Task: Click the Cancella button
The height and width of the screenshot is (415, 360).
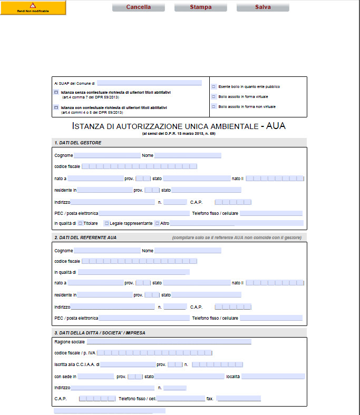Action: click(x=138, y=7)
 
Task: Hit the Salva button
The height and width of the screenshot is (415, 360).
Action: click(x=262, y=7)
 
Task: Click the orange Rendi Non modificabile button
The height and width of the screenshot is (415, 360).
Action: click(x=33, y=7)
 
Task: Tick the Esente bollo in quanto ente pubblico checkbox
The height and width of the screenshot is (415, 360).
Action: click(x=213, y=86)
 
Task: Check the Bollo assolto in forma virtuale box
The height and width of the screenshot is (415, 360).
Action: click(x=213, y=97)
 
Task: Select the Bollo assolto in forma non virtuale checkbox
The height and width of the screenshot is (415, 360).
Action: click(x=213, y=107)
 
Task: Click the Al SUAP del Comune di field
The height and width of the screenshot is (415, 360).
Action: click(x=149, y=83)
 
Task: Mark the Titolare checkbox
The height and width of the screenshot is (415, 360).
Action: click(x=80, y=223)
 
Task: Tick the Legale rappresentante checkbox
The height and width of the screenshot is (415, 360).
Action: click(x=106, y=223)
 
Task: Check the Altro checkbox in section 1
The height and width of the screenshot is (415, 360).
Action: click(x=157, y=223)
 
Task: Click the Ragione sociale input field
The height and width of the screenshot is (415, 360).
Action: click(x=169, y=342)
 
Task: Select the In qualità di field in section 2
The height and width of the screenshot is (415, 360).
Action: click(x=134, y=272)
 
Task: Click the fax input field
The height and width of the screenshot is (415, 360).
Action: click(x=238, y=399)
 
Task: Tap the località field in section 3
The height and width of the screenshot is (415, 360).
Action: click(x=273, y=377)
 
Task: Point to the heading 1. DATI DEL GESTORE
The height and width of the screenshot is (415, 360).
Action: click(x=77, y=143)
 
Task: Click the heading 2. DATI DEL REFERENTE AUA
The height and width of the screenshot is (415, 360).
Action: click(x=85, y=238)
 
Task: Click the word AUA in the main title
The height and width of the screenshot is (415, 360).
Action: click(x=276, y=126)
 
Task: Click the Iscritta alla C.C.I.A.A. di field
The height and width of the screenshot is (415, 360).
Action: click(x=128, y=364)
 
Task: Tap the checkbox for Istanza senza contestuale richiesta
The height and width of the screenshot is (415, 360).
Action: click(x=56, y=92)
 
